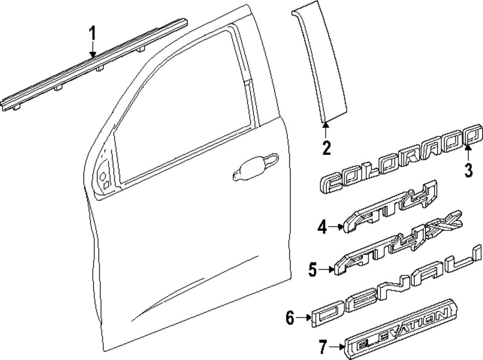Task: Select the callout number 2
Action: tap(327, 147)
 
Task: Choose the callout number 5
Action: tap(314, 269)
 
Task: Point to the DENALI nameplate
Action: tap(396, 292)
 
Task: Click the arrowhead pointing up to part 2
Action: tap(326, 126)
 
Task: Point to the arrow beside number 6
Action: tap(304, 317)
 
